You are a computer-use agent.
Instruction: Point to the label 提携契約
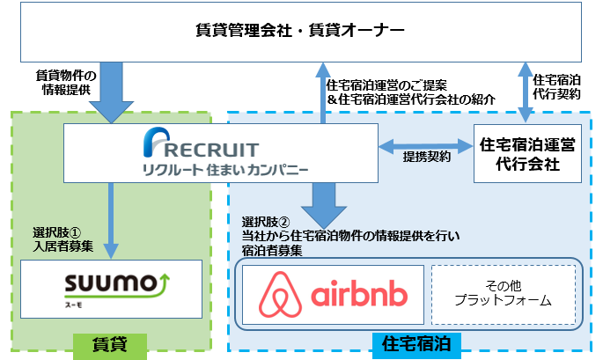(x=427, y=158)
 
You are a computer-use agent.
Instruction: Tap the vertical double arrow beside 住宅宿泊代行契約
(x=526, y=92)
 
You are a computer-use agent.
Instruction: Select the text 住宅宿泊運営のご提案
(x=386, y=85)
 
